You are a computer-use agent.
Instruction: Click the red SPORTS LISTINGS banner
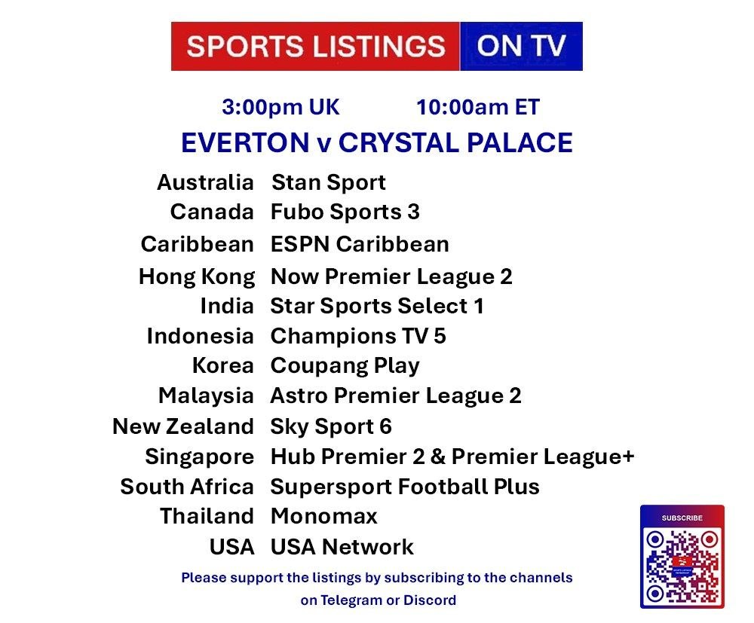coord(315,46)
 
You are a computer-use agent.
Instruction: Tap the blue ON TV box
coord(521,46)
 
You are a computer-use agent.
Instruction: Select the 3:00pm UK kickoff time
coord(280,107)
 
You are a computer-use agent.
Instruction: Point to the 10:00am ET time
coord(478,107)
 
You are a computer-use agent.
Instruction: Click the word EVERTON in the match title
coord(245,142)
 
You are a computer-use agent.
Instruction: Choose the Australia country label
coord(205,182)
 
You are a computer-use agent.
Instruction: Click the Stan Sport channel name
coord(329,182)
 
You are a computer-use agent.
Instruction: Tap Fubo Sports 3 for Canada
coord(345,212)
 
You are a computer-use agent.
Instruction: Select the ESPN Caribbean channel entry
coord(360,244)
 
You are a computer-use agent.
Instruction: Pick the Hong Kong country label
coord(197,276)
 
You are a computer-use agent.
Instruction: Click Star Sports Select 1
coord(377,306)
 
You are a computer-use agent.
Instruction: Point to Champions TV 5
coord(358,336)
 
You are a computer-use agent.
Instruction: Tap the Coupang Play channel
coord(345,366)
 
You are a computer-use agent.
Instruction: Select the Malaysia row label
coord(206,395)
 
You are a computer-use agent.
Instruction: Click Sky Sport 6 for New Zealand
coord(331,426)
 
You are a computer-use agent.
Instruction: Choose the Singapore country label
coord(200,457)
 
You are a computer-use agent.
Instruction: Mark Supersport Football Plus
coord(405,487)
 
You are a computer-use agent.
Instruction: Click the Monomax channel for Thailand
coord(324,516)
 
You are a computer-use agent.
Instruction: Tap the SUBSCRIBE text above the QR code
coord(682,518)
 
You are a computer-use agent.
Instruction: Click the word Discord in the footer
coord(430,600)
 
